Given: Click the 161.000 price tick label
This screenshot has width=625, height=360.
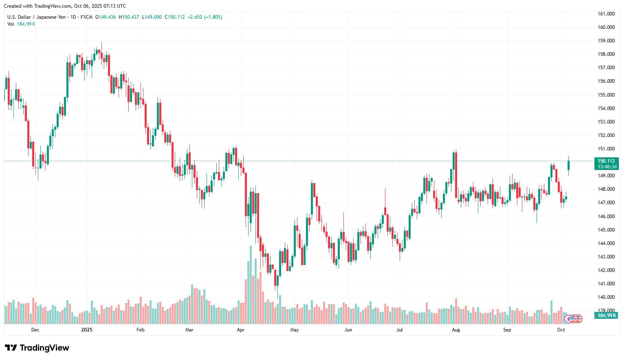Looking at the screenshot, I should [606, 14].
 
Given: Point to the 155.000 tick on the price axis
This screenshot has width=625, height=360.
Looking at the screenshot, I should [606, 95].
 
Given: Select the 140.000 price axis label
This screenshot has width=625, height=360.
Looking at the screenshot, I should [606, 297].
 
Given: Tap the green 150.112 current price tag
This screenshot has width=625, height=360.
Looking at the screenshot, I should [607, 161].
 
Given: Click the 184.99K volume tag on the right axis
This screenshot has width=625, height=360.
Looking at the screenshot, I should [607, 316].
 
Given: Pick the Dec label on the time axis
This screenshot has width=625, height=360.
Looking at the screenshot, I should [35, 330].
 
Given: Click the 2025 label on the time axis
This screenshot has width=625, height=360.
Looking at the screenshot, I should [87, 330].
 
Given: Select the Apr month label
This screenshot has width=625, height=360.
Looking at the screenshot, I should [241, 330].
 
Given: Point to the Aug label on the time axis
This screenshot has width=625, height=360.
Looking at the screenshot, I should [456, 330].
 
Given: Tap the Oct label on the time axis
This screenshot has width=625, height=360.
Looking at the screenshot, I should [561, 330].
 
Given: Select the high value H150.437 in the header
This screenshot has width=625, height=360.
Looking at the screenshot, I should [129, 17].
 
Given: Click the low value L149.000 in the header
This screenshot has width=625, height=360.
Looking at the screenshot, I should [152, 17].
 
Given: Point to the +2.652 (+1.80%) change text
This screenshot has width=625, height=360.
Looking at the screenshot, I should [205, 17].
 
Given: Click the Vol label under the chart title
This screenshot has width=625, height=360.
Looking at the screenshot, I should [11, 24].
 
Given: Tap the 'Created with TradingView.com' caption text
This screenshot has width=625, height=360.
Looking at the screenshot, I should [37, 6].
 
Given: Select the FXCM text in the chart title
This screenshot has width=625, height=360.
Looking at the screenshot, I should [86, 17].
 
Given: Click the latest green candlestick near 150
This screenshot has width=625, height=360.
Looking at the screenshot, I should [568, 165].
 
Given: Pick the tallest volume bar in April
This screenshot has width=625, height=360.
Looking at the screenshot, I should [251, 285].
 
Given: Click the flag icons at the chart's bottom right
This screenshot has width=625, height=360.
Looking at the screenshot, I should [573, 318].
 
